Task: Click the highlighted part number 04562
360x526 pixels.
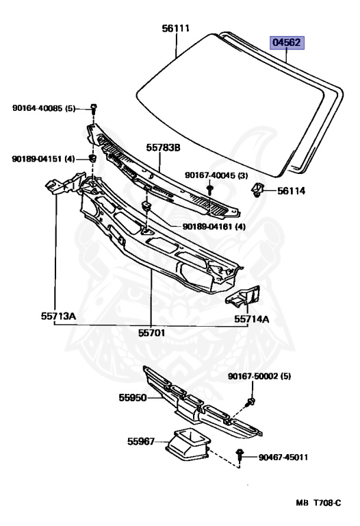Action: (287, 43)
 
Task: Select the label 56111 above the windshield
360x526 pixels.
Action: (176, 28)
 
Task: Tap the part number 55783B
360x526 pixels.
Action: (163, 147)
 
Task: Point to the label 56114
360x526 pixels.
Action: (291, 191)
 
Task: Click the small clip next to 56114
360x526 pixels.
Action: (257, 189)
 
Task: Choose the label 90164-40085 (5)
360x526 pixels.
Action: (44, 108)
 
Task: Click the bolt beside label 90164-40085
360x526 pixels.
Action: (94, 109)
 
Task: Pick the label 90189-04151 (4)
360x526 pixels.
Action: (43, 159)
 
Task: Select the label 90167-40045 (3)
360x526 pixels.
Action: (216, 175)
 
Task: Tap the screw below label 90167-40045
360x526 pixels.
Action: (210, 190)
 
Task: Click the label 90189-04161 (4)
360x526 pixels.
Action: (214, 227)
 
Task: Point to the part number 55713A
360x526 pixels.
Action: (58, 316)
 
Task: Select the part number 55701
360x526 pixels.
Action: (151, 333)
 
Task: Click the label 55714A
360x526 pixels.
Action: (251, 318)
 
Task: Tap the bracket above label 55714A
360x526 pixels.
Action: (244, 296)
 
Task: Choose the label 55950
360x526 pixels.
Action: (133, 398)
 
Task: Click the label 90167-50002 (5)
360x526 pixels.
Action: (259, 377)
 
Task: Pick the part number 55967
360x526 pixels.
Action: (141, 442)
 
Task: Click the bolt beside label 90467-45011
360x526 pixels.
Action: (240, 455)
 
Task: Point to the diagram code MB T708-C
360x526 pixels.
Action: (318, 503)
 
